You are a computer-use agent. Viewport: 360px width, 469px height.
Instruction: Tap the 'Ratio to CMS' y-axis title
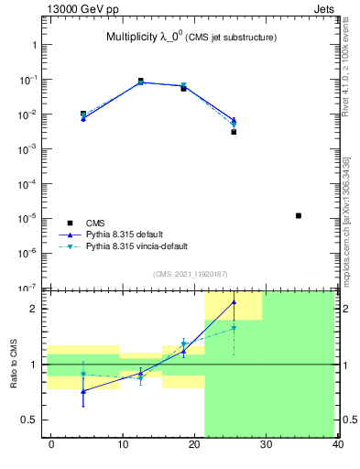(15, 364)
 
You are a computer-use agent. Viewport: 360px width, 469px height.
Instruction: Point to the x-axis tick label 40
(337, 444)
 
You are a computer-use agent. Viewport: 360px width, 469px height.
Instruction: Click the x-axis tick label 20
(194, 444)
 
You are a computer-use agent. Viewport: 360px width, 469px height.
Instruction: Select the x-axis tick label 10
(123, 444)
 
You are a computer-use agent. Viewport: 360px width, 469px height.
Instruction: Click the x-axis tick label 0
(51, 444)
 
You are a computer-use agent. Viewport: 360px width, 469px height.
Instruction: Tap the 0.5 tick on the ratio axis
(29, 420)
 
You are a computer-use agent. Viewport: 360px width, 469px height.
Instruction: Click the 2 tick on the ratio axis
(33, 309)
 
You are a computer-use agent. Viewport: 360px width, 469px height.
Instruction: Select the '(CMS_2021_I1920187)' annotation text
(190, 274)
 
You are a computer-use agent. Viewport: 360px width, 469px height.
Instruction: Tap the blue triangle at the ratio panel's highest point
(234, 301)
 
